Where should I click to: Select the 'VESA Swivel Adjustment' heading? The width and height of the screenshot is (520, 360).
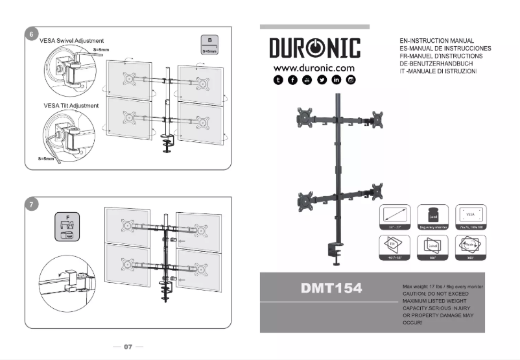(71, 40)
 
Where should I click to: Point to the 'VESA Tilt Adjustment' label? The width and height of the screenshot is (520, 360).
(71, 105)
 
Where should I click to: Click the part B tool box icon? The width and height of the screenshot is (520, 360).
(209, 44)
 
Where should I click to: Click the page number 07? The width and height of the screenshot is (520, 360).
(128, 347)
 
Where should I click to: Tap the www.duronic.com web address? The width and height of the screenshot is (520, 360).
(314, 67)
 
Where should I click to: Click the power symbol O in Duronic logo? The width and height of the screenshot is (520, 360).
(314, 48)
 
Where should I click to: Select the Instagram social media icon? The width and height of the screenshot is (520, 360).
(351, 80)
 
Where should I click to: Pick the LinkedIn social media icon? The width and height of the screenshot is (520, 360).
(337, 80)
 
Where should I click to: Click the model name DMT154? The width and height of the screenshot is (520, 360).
(331, 288)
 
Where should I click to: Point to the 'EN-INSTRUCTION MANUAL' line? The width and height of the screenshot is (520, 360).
(436, 41)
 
